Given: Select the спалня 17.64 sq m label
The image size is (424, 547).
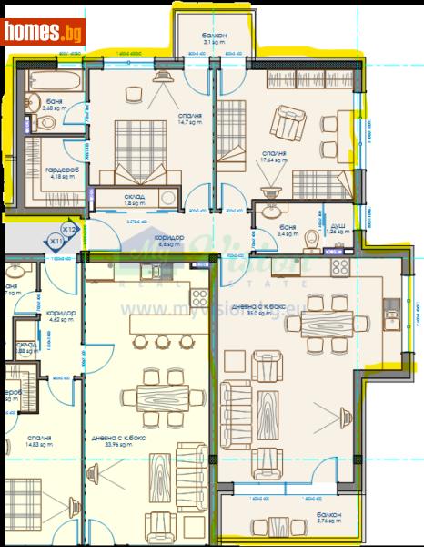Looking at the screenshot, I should click(275, 158).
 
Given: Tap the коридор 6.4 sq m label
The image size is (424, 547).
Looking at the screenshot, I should click(171, 241).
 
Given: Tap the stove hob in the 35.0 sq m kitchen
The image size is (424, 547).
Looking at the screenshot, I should click(344, 268).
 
